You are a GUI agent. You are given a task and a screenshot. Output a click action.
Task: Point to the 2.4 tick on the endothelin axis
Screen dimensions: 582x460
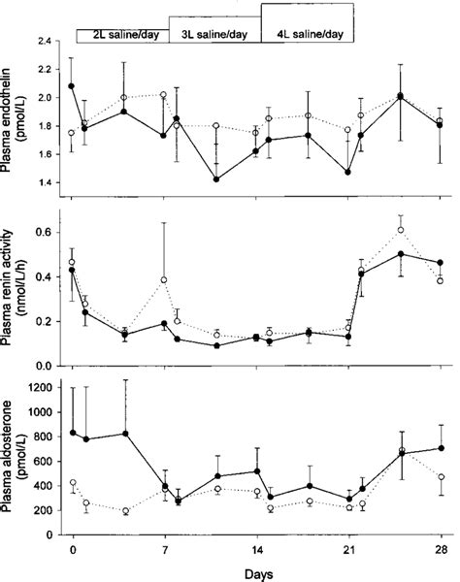[47, 43]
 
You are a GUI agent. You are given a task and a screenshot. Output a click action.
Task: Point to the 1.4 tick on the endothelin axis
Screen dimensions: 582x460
[47, 183]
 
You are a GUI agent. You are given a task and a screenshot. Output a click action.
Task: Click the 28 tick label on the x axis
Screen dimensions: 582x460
[441, 549]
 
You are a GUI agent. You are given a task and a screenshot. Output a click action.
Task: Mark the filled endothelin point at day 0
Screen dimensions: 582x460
[73, 86]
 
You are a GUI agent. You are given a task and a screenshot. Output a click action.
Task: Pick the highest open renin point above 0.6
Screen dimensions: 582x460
[401, 230]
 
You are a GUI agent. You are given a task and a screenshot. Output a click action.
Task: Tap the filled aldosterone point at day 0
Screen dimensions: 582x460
[73, 433]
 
